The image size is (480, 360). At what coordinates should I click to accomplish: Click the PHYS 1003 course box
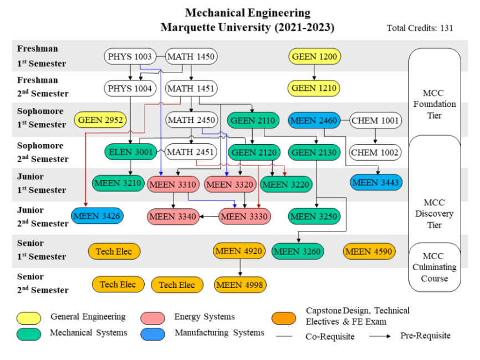(130, 56)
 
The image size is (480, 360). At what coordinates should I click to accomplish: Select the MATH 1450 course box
(191, 56)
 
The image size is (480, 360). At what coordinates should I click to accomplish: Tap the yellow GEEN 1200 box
(314, 56)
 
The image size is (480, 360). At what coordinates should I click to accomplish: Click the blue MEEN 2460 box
(314, 120)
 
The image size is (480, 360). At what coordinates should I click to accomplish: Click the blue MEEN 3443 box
(376, 182)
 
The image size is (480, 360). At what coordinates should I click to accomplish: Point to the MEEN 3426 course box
(98, 215)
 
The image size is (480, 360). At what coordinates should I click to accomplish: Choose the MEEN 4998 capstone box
(240, 285)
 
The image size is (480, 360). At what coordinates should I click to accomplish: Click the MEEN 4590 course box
(369, 251)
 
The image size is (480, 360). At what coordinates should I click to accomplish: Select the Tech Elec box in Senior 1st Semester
(114, 251)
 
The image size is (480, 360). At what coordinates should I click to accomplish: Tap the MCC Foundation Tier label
(434, 104)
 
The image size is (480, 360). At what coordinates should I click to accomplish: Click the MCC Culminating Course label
(434, 267)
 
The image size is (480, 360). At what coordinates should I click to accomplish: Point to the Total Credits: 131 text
(420, 28)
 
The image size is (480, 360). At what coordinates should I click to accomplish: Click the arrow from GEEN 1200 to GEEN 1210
(314, 72)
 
